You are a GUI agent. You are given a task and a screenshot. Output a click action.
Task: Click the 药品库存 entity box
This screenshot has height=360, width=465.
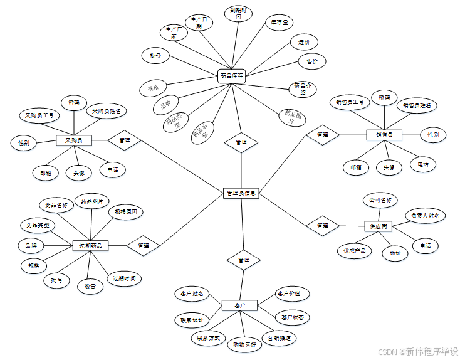[231, 75]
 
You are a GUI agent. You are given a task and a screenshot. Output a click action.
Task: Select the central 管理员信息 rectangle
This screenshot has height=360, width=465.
[241, 193]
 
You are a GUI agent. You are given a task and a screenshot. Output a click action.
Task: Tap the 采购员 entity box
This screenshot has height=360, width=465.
[74, 140]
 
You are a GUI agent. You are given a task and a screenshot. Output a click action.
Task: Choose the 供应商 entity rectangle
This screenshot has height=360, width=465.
[378, 226]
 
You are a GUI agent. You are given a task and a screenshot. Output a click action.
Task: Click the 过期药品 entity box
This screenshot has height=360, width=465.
[91, 245]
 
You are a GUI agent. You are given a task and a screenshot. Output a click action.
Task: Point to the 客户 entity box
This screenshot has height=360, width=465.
[239, 305]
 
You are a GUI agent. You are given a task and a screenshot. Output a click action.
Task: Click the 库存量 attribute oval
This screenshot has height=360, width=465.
[279, 23]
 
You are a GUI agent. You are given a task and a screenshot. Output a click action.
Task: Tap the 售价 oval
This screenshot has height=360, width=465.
[311, 61]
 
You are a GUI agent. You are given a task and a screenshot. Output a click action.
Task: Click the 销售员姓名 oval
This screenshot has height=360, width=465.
[416, 105]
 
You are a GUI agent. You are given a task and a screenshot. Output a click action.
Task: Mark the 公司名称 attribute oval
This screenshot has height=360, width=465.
[380, 201]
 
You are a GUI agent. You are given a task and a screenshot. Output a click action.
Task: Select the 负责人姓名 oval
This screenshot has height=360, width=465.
[425, 216]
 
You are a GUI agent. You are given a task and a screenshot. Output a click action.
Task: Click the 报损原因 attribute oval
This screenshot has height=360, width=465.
[125, 212]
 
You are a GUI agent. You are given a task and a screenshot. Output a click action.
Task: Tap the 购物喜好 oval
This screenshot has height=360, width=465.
[244, 344]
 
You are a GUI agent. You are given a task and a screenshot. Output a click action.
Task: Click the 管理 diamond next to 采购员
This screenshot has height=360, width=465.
[124, 140]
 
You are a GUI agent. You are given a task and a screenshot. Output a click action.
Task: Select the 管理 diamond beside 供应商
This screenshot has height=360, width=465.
[322, 225]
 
